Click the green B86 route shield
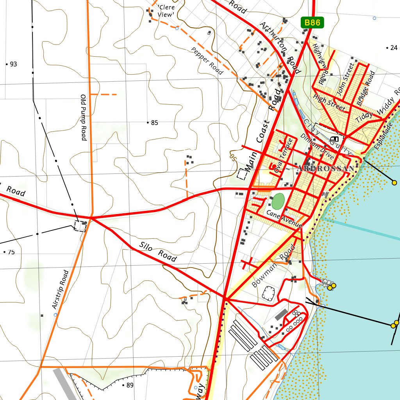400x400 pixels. point(312,23)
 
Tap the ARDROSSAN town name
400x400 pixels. point(326,169)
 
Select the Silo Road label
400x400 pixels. point(158,252)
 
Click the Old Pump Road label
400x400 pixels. point(84,117)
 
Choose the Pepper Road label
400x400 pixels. point(207,61)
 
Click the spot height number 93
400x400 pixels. point(13,64)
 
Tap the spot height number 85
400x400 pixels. point(154,123)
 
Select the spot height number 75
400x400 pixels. point(11,252)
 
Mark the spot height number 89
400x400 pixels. point(130,386)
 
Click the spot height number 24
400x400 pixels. point(393,48)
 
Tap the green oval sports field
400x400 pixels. point(278,202)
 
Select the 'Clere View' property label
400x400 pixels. point(166,11)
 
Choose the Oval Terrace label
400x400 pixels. point(283,155)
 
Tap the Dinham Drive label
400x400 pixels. point(317,146)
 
